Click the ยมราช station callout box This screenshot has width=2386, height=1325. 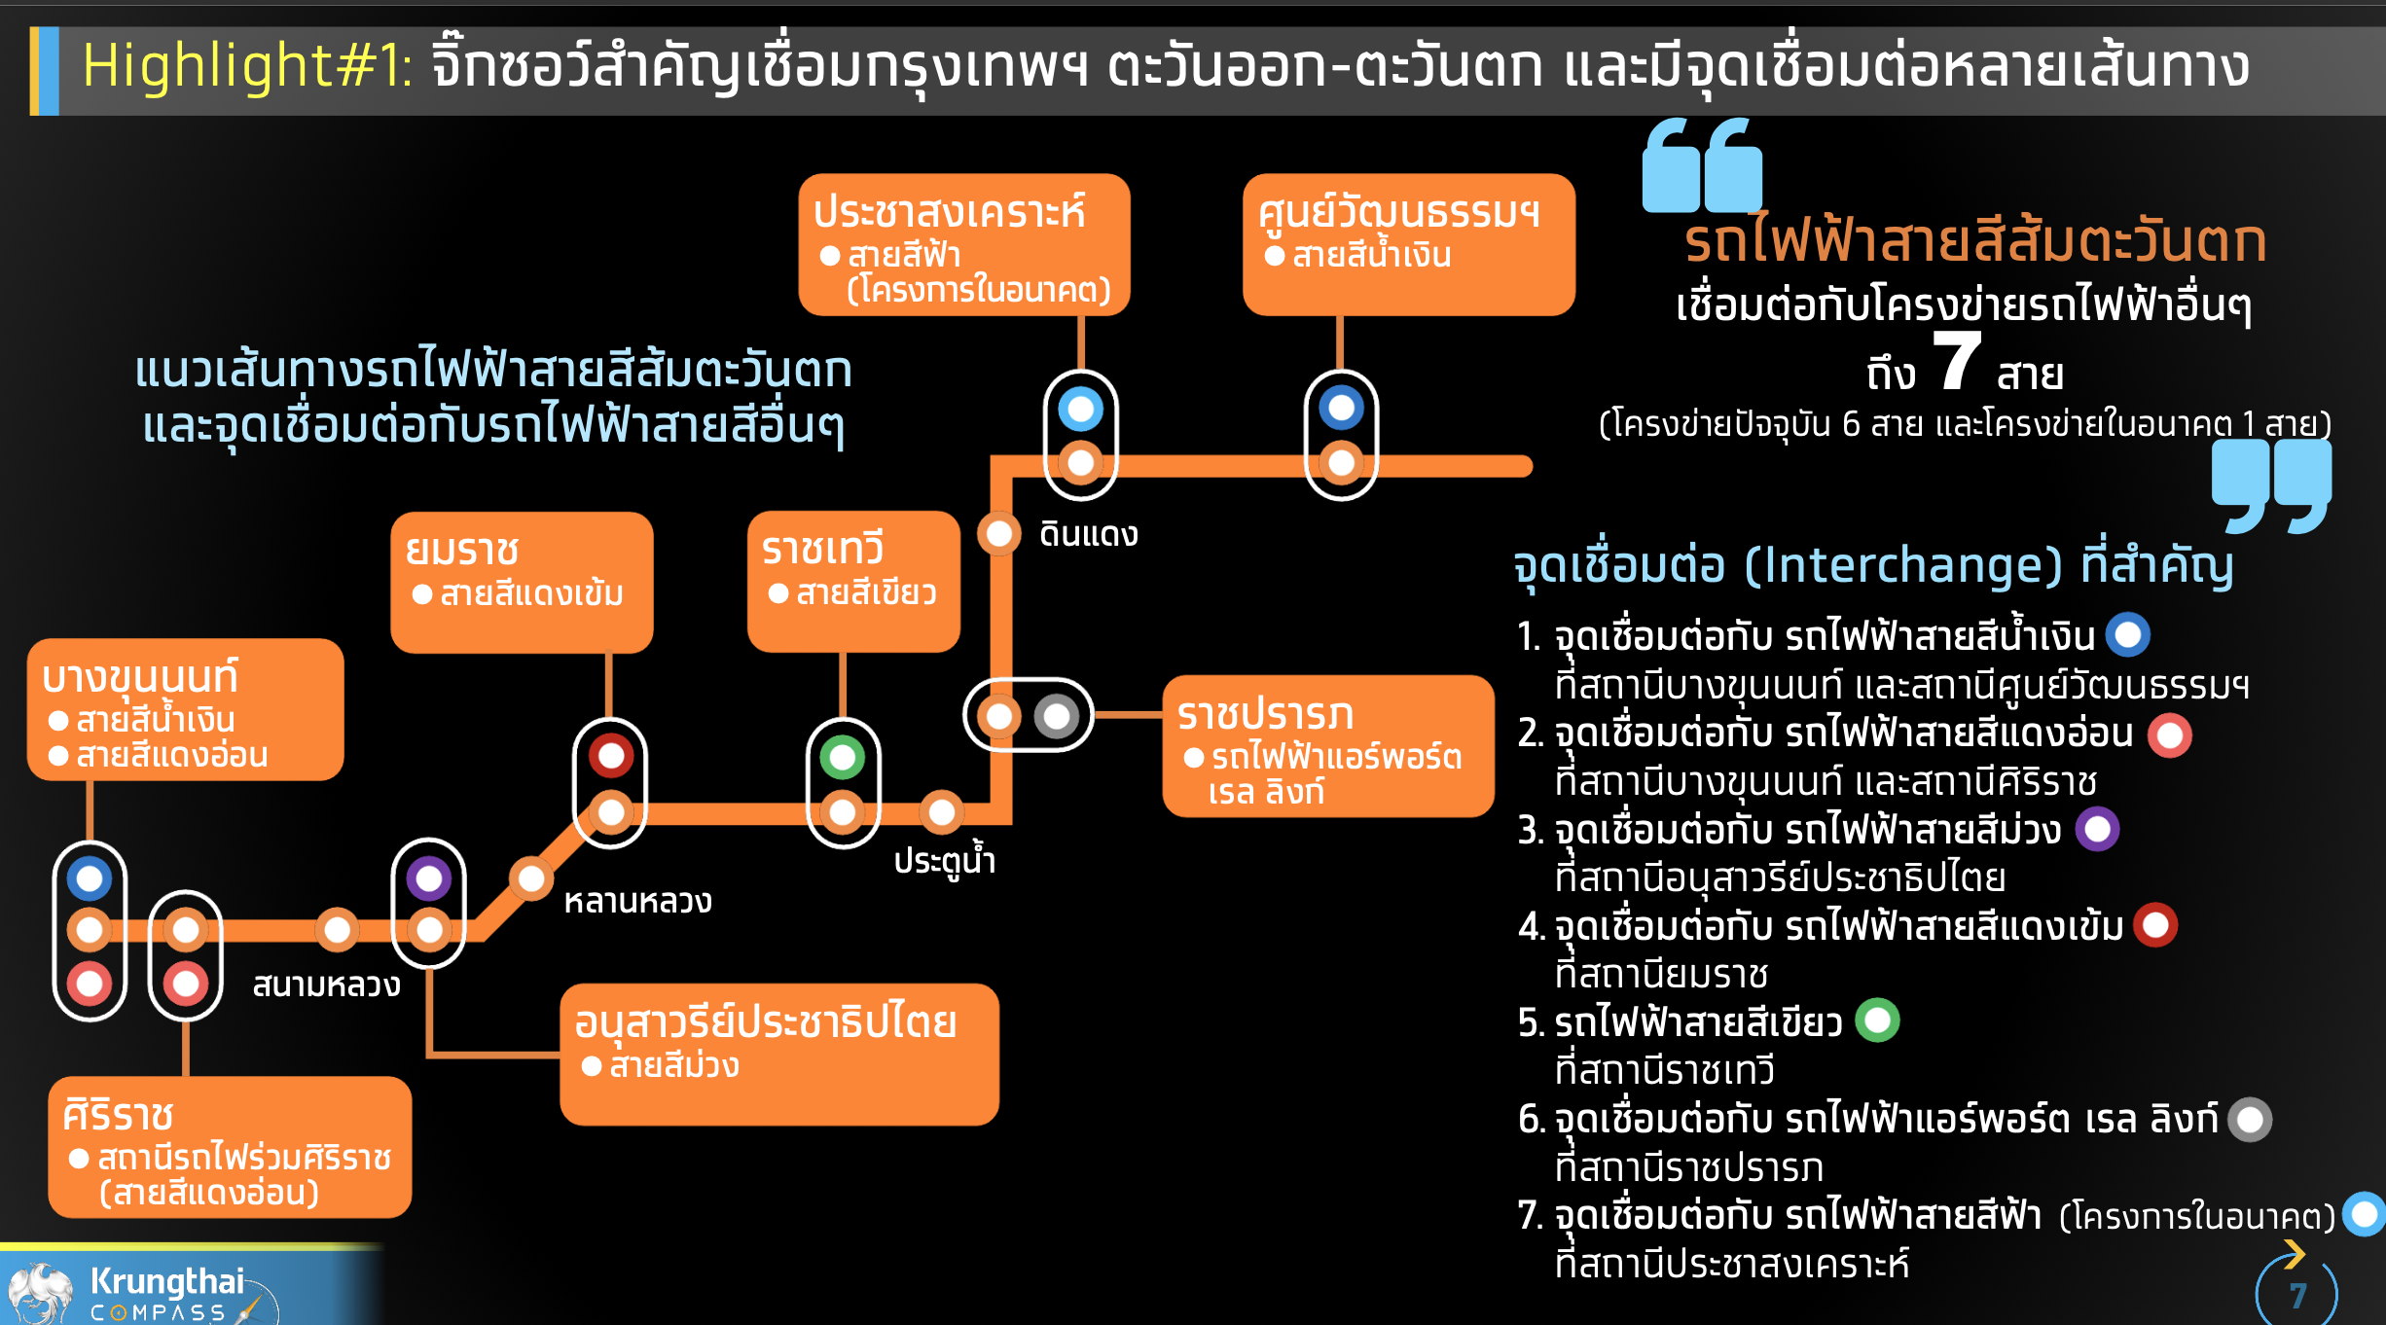click(x=522, y=582)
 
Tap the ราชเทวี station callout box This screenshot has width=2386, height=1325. click(x=853, y=581)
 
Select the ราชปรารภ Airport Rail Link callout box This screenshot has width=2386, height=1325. click(x=1328, y=746)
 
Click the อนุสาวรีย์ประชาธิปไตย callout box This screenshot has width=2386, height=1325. click(x=779, y=1055)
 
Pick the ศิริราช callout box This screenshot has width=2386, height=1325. click(x=230, y=1147)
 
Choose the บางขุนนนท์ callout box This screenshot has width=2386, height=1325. click(x=185, y=709)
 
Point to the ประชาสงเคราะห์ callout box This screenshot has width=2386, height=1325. click(x=964, y=244)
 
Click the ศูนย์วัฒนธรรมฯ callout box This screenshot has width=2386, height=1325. click(x=1409, y=244)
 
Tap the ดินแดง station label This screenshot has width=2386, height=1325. click(x=1089, y=534)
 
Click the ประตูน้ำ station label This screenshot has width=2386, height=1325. click(x=945, y=860)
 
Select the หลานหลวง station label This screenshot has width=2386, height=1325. click(x=638, y=901)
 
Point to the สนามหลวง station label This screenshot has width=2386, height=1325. click(x=327, y=985)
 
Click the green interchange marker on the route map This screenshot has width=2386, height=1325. click(x=843, y=757)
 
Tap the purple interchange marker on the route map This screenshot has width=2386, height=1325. click(x=429, y=878)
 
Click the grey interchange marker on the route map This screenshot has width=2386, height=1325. click(x=1057, y=717)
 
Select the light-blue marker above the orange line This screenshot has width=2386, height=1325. click(x=1081, y=409)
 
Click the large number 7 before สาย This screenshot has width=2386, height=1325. click(x=1957, y=361)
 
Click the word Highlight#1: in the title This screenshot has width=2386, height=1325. click(x=247, y=66)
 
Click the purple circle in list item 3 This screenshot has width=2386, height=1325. click(x=2098, y=829)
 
